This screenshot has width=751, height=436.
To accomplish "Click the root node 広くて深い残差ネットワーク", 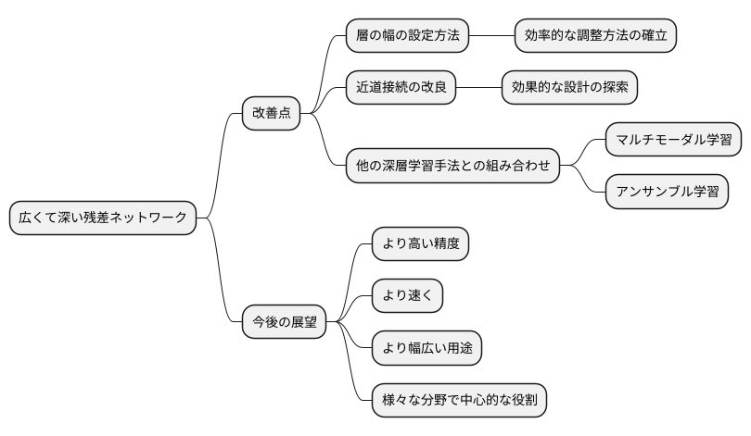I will (103, 218).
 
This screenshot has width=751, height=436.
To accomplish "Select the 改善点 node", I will (271, 113).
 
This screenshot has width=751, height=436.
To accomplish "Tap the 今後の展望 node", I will (285, 322).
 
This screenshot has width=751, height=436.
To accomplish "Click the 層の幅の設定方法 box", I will (407, 36).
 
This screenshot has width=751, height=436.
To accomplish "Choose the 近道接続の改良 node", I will (401, 88).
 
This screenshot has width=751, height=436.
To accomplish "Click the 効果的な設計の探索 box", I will (569, 88).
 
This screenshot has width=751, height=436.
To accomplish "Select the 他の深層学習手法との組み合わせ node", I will (452, 166).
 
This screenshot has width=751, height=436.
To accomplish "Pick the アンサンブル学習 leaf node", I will (666, 192).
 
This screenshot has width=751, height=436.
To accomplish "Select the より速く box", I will (407, 296).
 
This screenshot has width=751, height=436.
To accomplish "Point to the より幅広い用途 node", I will (426, 348).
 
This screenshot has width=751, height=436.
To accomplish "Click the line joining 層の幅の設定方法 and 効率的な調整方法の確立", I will (491, 36).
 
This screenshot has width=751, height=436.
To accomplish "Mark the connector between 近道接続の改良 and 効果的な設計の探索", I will (478, 88).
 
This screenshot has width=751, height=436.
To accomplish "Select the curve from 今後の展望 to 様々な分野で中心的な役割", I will (354, 370).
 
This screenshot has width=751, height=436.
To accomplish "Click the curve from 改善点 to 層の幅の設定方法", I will (325, 69).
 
